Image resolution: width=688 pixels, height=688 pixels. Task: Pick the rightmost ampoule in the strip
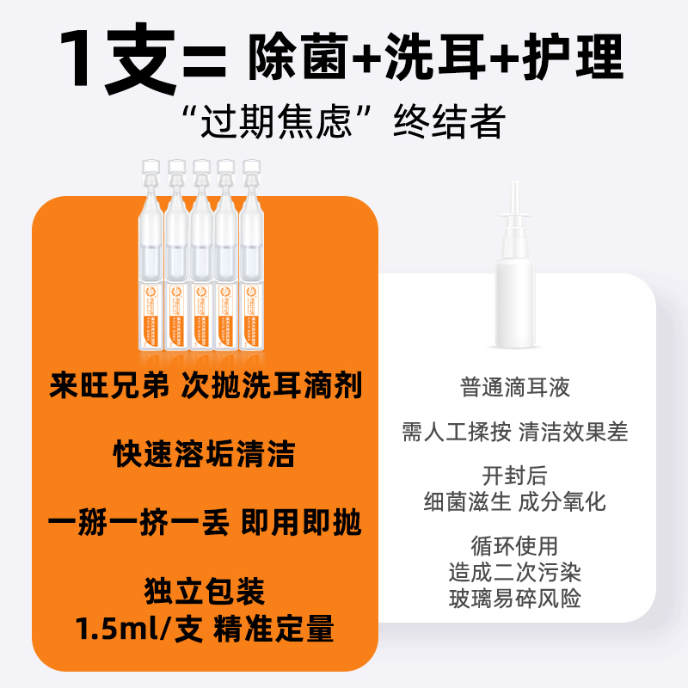252,249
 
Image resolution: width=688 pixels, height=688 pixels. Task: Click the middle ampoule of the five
202,249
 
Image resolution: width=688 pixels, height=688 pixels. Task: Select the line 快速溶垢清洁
204,453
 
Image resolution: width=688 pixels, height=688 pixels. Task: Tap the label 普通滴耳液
515,387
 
